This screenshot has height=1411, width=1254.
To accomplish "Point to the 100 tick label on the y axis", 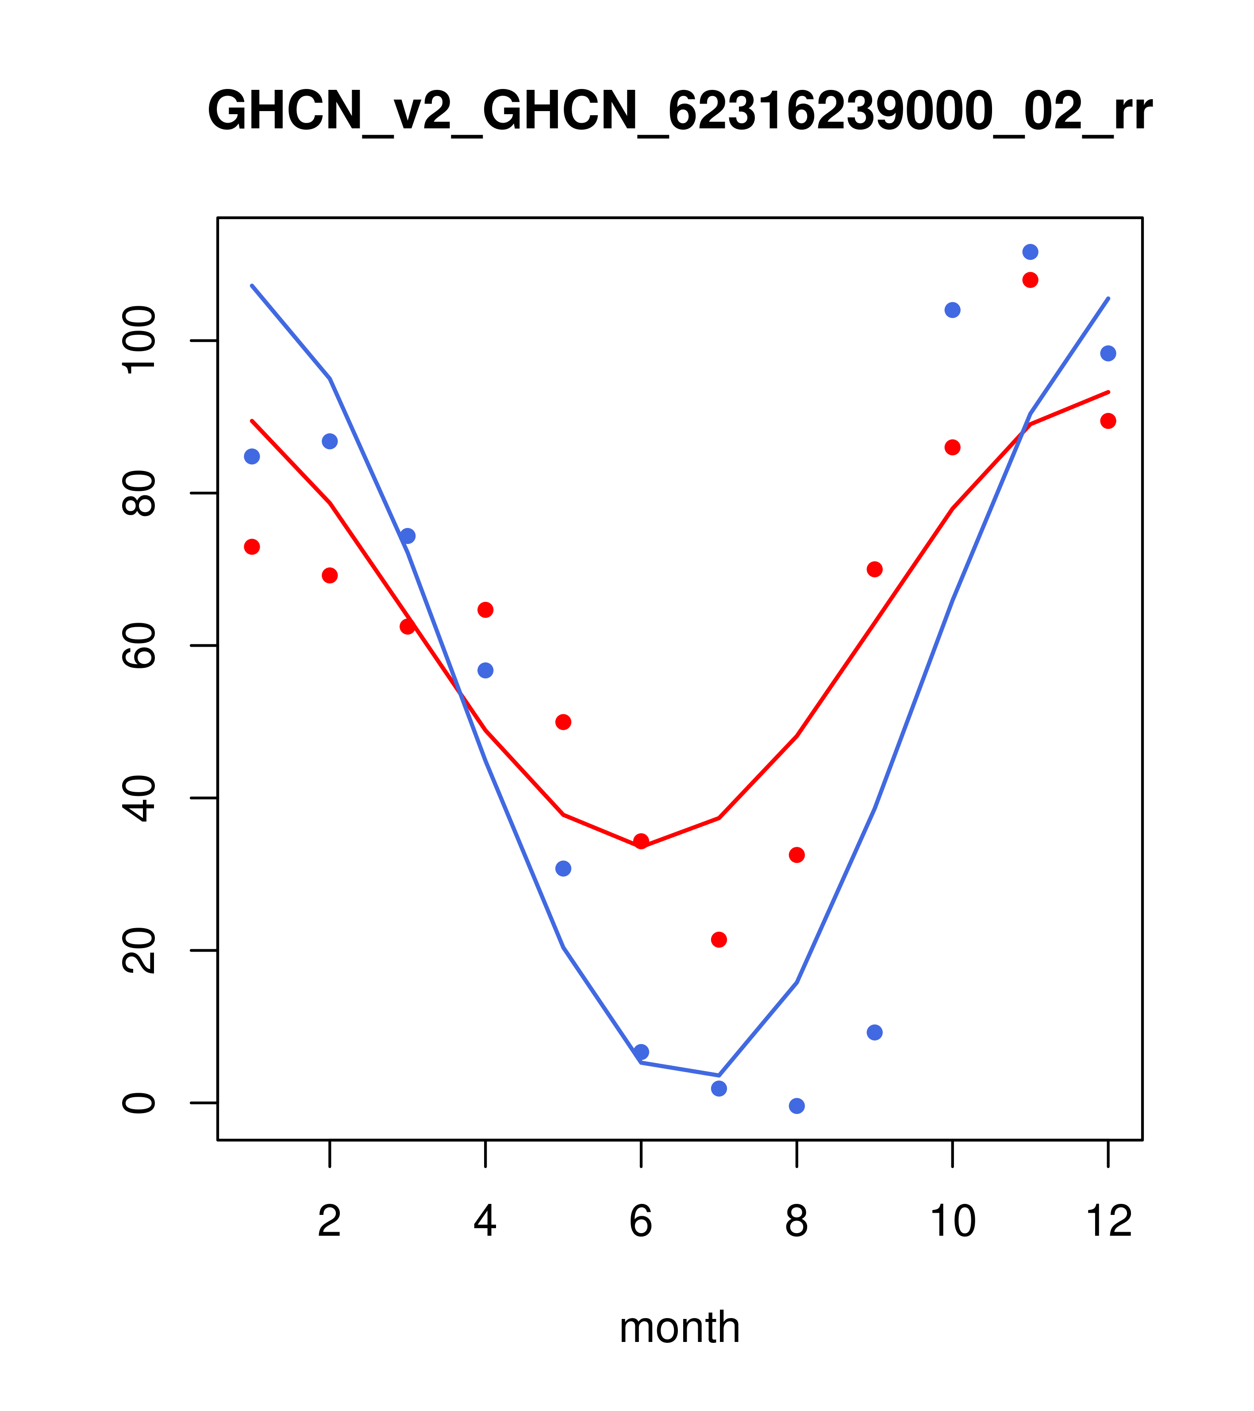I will pos(139,341).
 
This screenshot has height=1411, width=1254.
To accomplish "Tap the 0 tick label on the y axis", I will pos(139,1103).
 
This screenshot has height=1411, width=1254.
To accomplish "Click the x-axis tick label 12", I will pos(1108,1222).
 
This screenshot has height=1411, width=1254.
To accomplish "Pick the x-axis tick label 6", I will pos(641,1222).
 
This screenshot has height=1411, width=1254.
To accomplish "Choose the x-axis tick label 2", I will pos(330,1222).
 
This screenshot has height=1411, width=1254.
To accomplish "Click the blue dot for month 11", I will pos(1031,252).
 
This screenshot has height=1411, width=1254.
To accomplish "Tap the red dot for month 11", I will pos(1031,280).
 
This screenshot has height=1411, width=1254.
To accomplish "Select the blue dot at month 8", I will pos(796,1106).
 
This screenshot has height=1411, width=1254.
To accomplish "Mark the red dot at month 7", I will pos(719,940).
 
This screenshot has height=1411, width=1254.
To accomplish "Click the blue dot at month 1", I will pos(252,456).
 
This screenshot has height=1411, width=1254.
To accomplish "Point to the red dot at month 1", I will pos(252,547).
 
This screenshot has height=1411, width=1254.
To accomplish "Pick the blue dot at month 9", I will pos(874,1032).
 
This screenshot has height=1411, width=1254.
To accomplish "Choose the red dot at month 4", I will pos(486,609).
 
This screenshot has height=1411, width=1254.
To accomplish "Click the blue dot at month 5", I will pos(563,868).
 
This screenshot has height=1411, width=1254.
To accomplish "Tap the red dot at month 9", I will pos(874,569).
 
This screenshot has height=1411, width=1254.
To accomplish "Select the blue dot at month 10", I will pos(952,310).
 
